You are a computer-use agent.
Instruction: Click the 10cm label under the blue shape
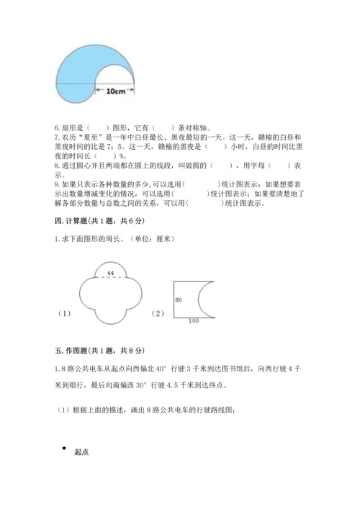click(114, 92)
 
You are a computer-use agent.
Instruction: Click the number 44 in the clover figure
click(110, 274)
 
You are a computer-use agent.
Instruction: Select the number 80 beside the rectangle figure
click(178, 299)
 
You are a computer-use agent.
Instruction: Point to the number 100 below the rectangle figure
click(193, 320)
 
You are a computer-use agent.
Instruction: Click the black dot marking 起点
click(63, 449)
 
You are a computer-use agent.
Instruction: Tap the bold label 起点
click(81, 453)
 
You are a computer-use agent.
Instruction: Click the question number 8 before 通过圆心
click(56, 164)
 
